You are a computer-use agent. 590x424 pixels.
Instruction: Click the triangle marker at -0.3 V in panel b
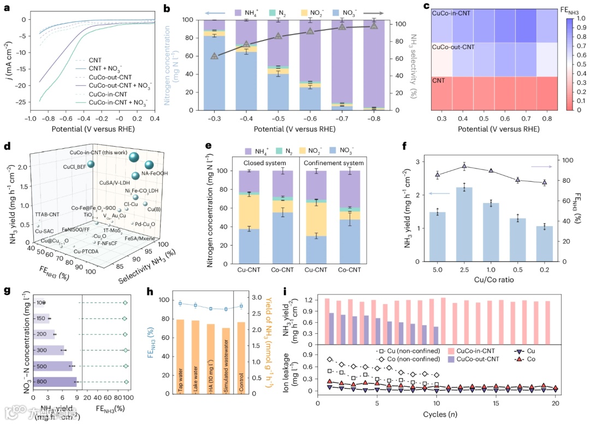(x=214, y=56)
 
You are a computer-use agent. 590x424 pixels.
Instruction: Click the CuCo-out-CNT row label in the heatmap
(x=453, y=48)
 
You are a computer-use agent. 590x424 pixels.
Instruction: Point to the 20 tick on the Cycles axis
(x=555, y=403)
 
